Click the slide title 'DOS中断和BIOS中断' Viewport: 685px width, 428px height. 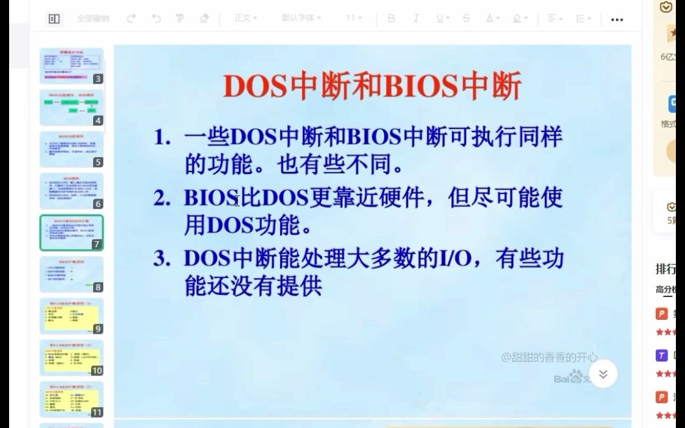372,86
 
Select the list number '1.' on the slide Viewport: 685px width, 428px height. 162,137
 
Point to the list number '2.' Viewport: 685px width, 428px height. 162,197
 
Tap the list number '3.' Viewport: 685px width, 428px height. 162,259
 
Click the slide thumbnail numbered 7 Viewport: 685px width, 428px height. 71,233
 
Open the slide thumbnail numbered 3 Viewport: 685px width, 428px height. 71,66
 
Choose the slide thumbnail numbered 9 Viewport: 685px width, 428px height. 71,316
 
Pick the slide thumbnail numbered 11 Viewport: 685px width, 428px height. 71,399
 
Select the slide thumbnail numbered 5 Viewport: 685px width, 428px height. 71,149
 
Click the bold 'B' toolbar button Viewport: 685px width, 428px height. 391,18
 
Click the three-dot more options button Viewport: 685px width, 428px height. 617,20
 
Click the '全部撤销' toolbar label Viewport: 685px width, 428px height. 92,18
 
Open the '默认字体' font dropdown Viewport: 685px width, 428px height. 301,18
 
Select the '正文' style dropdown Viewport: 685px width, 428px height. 245,18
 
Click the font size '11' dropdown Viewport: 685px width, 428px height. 354,18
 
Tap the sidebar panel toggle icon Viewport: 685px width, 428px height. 54,19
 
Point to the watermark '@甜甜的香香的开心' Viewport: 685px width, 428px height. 549,357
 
